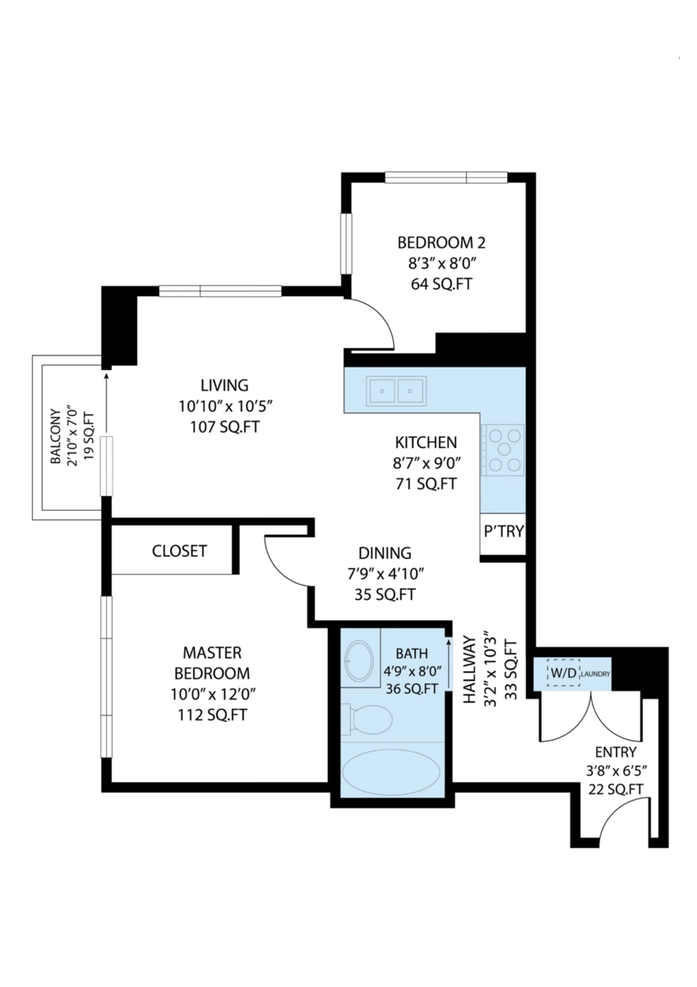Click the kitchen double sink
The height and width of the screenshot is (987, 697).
[398, 391]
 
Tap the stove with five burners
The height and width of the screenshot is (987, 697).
[502, 449]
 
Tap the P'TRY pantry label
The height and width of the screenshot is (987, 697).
[504, 531]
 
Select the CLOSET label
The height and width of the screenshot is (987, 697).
[179, 551]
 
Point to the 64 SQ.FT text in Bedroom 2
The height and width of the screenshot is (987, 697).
[441, 285]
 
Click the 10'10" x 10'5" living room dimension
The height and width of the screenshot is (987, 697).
[227, 405]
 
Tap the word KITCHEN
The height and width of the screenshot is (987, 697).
[426, 443]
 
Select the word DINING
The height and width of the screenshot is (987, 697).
[385, 553]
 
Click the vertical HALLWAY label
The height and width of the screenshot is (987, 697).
[470, 669]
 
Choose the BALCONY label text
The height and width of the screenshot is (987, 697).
[55, 436]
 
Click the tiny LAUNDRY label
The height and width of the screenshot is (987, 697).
[596, 674]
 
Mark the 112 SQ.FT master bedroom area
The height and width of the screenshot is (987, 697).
[213, 715]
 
